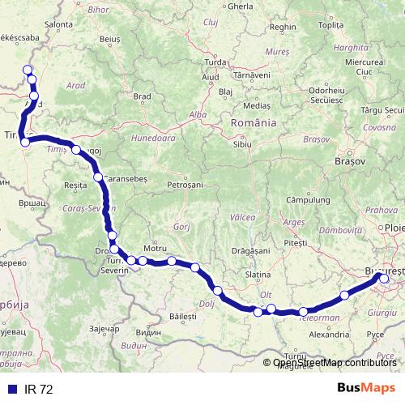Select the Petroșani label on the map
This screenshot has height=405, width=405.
point(185,185)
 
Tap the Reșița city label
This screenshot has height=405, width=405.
point(75,185)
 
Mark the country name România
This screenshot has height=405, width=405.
point(254,122)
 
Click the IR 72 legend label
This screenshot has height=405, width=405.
point(37,390)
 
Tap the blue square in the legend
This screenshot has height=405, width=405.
point(10,390)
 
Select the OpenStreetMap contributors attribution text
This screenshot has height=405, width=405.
point(335,363)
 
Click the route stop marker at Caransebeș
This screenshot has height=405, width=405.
point(98,177)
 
